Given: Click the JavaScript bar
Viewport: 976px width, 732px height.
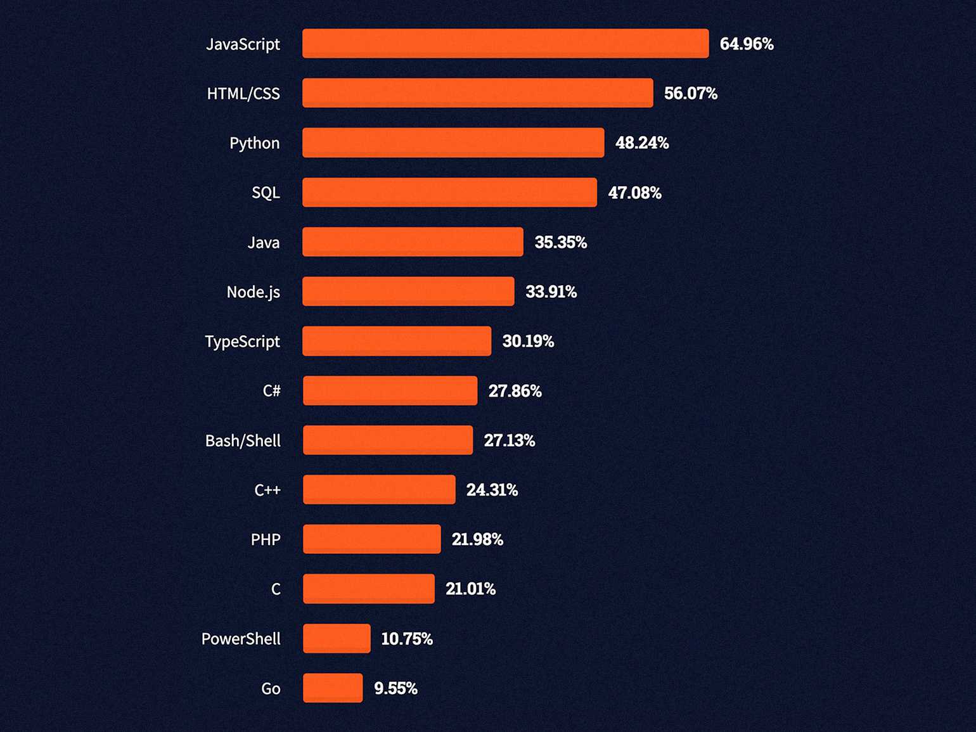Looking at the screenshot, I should pyautogui.click(x=505, y=44).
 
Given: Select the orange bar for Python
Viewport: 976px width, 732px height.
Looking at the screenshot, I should pyautogui.click(x=453, y=143).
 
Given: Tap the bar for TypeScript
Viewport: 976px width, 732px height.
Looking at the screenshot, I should pyautogui.click(x=397, y=341).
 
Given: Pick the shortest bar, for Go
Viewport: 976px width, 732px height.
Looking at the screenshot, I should pyautogui.click(x=333, y=688).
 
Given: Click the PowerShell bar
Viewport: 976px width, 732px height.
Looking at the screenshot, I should pyautogui.click(x=337, y=638).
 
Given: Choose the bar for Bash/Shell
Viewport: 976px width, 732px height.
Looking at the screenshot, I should pyautogui.click(x=388, y=440).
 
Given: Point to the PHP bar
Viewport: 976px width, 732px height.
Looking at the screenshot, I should pyautogui.click(x=372, y=539).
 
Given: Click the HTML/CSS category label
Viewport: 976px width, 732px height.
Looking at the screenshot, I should pyautogui.click(x=243, y=94).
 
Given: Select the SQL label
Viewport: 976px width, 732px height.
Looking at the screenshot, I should pyautogui.click(x=266, y=193).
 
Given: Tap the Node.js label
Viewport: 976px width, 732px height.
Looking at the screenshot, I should pyautogui.click(x=254, y=292).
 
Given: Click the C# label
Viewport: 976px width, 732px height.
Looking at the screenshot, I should pyautogui.click(x=272, y=391).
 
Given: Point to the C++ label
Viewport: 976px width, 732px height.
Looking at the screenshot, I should pyautogui.click(x=267, y=490).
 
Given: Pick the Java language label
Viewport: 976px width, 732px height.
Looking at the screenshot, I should pyautogui.click(x=264, y=243).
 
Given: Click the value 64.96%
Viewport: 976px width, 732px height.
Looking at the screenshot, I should pyautogui.click(x=747, y=44).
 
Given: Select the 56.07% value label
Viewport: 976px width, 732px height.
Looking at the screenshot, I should pyautogui.click(x=691, y=94).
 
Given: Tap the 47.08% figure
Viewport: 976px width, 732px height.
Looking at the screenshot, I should pyautogui.click(x=634, y=193).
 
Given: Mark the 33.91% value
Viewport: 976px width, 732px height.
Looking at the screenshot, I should pyautogui.click(x=551, y=292).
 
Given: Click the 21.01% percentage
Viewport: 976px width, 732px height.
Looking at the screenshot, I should pyautogui.click(x=471, y=589).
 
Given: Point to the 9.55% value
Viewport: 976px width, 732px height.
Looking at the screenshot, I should pyautogui.click(x=395, y=688).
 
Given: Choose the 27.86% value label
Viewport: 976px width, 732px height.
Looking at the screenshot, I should pyautogui.click(x=515, y=391).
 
